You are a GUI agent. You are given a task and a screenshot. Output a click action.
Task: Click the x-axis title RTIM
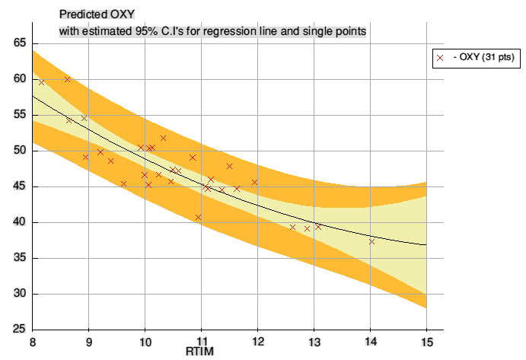point(200,352)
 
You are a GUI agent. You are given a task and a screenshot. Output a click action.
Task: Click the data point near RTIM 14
point(371,241)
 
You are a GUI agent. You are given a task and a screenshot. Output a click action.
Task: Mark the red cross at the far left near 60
point(41,81)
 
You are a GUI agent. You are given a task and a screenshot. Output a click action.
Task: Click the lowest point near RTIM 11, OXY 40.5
point(198,217)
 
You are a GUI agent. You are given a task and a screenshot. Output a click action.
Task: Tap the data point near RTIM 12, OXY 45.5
point(255,182)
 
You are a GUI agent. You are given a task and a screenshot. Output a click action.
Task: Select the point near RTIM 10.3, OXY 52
point(163,138)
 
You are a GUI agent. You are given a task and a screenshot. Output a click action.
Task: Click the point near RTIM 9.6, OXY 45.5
point(123,183)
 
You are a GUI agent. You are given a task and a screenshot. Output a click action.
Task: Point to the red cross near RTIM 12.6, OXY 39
point(292,227)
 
